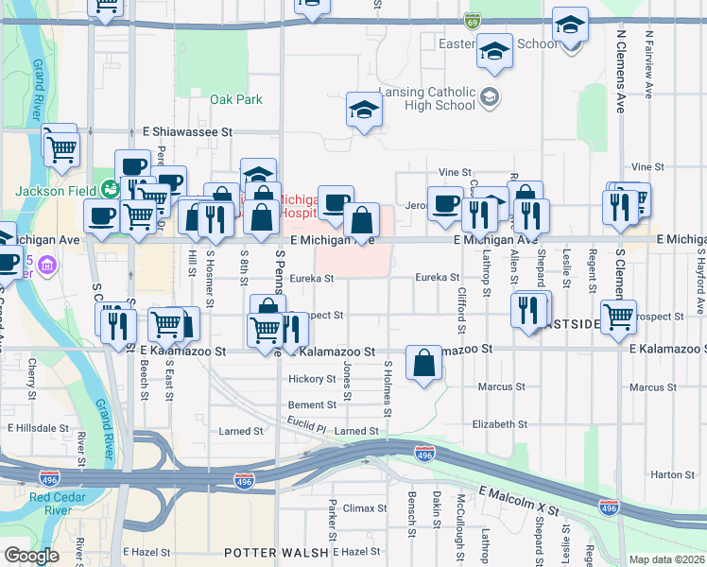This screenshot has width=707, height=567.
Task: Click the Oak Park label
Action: click(x=235, y=99)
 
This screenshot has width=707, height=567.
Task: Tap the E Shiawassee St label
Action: click(x=187, y=133)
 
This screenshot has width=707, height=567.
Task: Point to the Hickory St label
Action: click(x=312, y=379)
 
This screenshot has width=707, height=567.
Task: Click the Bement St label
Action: click(x=312, y=404)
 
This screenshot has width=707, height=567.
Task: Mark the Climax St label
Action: click(x=359, y=508)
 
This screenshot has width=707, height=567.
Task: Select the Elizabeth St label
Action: click(x=500, y=424)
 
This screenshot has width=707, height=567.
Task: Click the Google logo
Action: click(x=31, y=556)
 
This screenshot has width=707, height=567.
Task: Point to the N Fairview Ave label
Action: click(x=649, y=66)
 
